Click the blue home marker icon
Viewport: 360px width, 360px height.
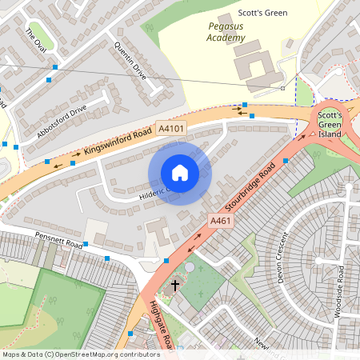click(180, 172)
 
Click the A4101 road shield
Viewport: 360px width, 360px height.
click(171, 128)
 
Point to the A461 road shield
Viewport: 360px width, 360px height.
click(221, 219)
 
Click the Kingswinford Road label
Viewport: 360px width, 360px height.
click(117, 142)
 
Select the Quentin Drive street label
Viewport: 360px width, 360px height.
click(130, 60)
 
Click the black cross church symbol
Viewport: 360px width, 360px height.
click(175, 285)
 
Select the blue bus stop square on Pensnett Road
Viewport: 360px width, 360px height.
click(107, 258)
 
